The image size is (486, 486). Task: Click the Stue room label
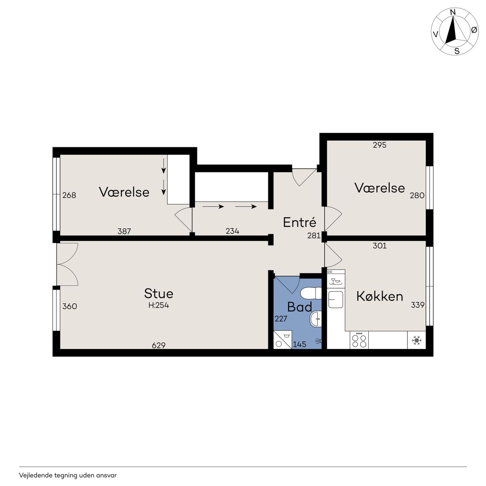click(x=158, y=293)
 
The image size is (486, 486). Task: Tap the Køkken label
click(x=379, y=296)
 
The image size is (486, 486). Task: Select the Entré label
click(x=299, y=222)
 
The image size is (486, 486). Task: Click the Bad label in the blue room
click(x=299, y=307)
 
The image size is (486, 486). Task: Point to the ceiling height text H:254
click(x=158, y=305)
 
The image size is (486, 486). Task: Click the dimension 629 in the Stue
click(x=158, y=345)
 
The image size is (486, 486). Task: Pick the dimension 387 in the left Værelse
click(x=124, y=231)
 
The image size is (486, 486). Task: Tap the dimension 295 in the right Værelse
click(x=379, y=145)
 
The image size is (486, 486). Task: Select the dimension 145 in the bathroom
click(x=299, y=344)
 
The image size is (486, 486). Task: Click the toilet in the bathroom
click(x=311, y=293)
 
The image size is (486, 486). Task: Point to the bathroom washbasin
click(x=315, y=319)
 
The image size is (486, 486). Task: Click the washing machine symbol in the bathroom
click(x=282, y=339)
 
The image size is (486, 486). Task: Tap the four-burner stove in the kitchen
click(x=359, y=340)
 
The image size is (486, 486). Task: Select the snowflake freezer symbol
click(x=417, y=340)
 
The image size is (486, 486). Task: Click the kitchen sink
click(x=335, y=300)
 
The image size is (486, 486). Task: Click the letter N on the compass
click(x=453, y=12)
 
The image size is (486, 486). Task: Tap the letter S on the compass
click(x=457, y=51)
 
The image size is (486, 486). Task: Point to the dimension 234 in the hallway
click(x=232, y=231)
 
